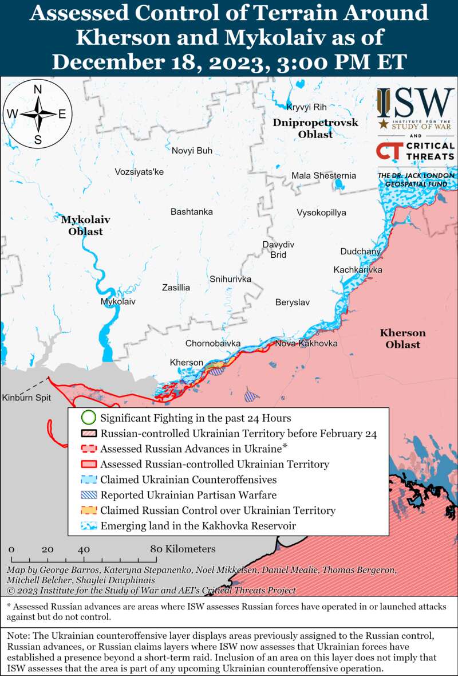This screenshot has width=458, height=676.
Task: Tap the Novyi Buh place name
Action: (x=192, y=151)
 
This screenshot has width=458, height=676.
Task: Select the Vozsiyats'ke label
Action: (x=139, y=171)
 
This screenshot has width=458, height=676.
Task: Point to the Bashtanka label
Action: (x=191, y=212)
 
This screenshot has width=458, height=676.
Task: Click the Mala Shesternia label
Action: (x=323, y=176)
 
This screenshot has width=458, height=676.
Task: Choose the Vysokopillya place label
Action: (x=321, y=213)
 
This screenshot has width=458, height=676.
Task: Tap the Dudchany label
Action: (x=360, y=251)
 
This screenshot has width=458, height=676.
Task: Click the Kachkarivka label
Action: (x=358, y=270)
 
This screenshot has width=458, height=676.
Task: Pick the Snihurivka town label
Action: (x=230, y=279)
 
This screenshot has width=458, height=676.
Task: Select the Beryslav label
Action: (x=292, y=302)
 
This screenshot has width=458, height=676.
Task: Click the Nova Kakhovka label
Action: (x=306, y=343)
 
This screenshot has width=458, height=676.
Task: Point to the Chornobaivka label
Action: (x=212, y=344)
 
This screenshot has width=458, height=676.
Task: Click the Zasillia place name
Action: (x=176, y=288)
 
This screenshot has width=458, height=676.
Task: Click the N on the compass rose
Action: (x=38, y=89)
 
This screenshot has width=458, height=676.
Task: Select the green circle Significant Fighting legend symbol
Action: (x=88, y=418)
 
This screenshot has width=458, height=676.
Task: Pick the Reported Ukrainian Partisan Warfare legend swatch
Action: (x=88, y=495)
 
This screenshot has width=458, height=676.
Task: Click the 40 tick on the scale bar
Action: (x=84, y=549)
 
